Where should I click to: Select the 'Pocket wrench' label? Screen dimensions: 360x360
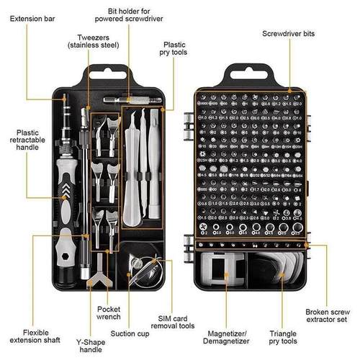[113, 312]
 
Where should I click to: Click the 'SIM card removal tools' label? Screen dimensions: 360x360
[178, 322]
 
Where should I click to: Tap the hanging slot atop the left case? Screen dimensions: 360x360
[101, 72]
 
